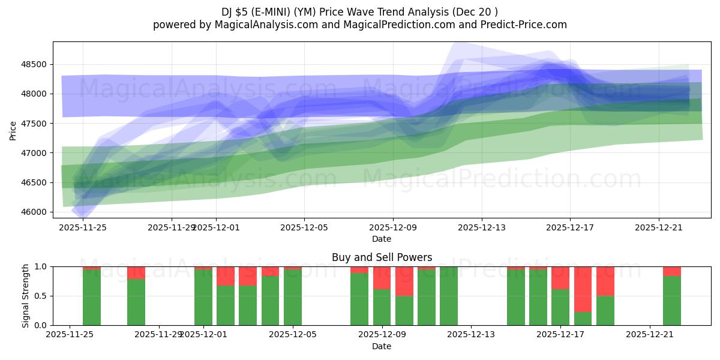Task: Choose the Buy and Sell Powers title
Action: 382,257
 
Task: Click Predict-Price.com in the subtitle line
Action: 521,25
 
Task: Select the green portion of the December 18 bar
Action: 583,319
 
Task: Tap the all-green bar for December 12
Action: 449,296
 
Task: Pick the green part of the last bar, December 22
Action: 672,301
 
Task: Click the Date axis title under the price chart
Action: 382,239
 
